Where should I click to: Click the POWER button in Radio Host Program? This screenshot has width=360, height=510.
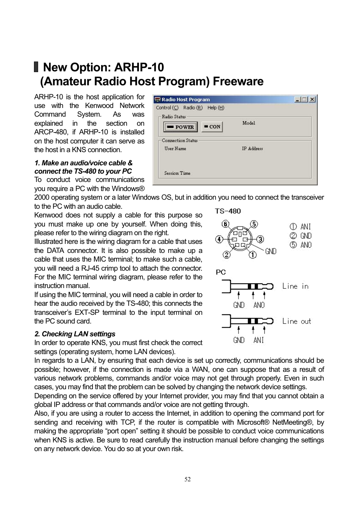[180, 127]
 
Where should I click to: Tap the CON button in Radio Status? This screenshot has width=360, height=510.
[212, 127]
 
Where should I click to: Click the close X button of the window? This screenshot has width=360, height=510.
[312, 100]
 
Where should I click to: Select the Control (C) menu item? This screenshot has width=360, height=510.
[167, 108]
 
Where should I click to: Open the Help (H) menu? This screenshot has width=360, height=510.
[215, 108]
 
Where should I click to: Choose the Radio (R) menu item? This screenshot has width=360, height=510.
[192, 108]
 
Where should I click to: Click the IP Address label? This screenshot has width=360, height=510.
[252, 149]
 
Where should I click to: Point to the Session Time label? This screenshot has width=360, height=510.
[177, 173]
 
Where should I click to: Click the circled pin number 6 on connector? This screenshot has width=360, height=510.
[225, 224]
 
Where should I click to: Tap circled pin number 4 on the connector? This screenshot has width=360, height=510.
[219, 239]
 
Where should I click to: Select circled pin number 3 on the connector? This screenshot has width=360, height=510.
[260, 239]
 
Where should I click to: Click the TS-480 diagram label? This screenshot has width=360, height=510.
[228, 211]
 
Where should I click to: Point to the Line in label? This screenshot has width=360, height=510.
[295, 287]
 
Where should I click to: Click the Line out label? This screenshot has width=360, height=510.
[296, 322]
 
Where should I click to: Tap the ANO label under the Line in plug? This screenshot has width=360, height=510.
[259, 305]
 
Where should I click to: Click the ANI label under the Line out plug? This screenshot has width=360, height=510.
[258, 340]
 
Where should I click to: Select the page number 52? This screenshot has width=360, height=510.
[188, 479]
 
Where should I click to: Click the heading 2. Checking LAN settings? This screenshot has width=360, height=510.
[75, 334]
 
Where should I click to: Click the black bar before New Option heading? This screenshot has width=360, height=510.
[36, 67]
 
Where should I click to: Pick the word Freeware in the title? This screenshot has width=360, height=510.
[238, 82]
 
